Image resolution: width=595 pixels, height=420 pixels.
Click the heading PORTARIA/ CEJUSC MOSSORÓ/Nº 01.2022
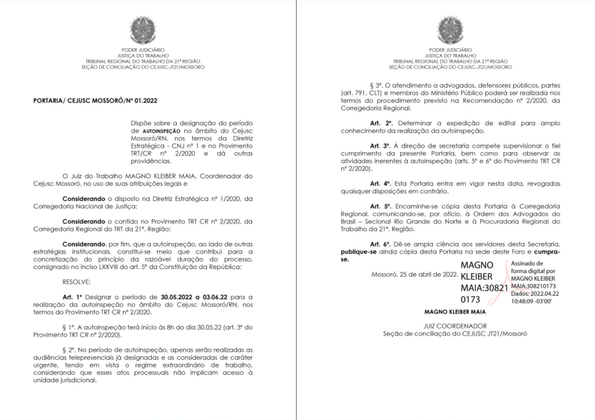click(x=95, y=101)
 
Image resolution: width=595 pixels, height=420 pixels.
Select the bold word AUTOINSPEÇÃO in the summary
click(x=161, y=131)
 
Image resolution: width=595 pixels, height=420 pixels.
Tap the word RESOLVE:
click(x=76, y=282)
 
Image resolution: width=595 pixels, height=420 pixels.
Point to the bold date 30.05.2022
click(x=176, y=297)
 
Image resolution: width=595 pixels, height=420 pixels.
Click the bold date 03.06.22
click(x=215, y=297)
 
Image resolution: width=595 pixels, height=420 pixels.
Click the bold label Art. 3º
click(x=380, y=146)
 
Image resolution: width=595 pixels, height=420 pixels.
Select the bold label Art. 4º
click(x=380, y=184)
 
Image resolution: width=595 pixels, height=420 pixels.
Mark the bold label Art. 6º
click(x=380, y=244)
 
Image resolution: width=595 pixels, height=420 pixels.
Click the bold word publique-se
click(x=358, y=252)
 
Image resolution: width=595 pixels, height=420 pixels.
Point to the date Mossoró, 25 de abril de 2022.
click(x=414, y=274)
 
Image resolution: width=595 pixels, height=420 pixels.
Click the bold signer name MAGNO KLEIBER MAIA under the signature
click(x=455, y=312)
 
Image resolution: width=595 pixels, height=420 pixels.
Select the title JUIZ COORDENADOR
click(x=455, y=326)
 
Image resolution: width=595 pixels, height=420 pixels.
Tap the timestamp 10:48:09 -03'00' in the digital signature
click(x=531, y=301)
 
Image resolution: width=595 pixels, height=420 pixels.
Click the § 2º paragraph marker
click(x=68, y=350)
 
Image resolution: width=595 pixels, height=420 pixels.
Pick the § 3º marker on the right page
click(x=376, y=86)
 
